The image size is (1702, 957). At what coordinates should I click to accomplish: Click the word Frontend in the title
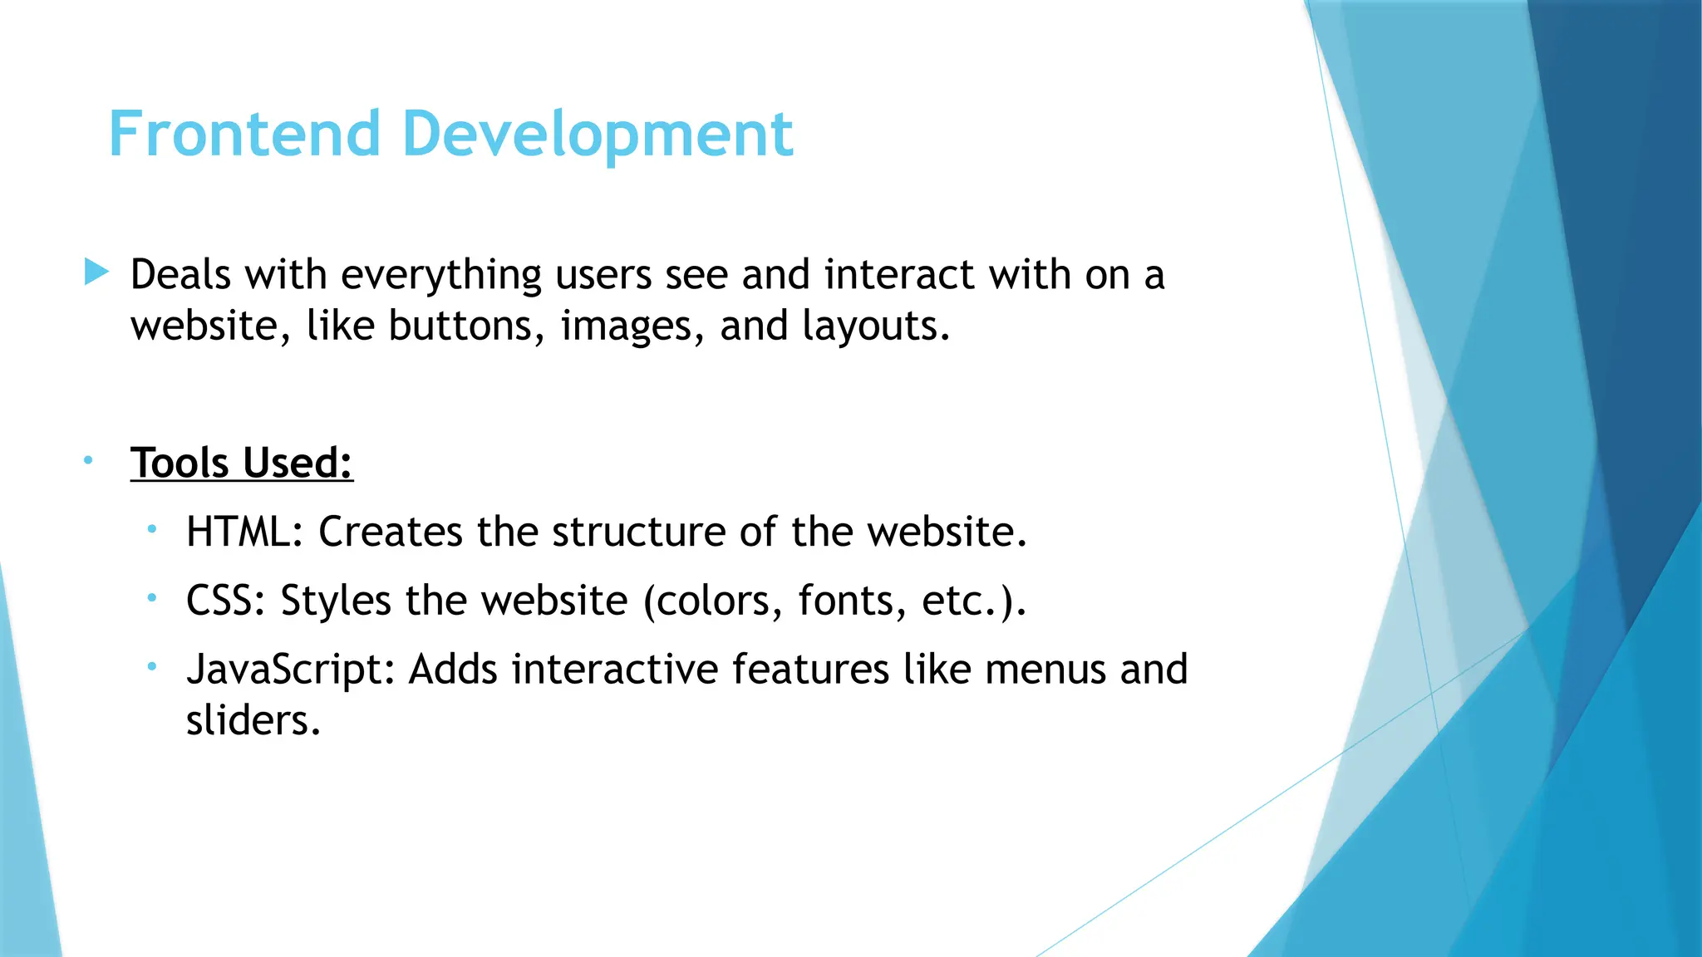pyautogui.click(x=244, y=134)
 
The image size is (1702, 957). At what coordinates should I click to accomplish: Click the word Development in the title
pyautogui.click(x=598, y=135)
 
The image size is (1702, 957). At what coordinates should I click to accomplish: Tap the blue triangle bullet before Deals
pyautogui.click(x=96, y=272)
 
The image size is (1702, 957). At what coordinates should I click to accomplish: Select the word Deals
pyautogui.click(x=180, y=274)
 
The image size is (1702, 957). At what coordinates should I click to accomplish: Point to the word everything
pyautogui.click(x=441, y=276)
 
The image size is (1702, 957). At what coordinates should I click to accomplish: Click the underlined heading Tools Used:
pyautogui.click(x=242, y=463)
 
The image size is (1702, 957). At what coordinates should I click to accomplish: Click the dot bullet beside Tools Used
pyautogui.click(x=88, y=460)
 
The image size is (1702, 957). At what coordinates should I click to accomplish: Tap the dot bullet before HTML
pyautogui.click(x=152, y=528)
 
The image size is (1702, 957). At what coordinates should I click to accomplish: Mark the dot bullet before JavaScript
pyautogui.click(x=152, y=666)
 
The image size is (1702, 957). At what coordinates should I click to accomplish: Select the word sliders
pyautogui.click(x=253, y=720)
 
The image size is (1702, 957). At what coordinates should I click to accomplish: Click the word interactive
pyautogui.click(x=614, y=670)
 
